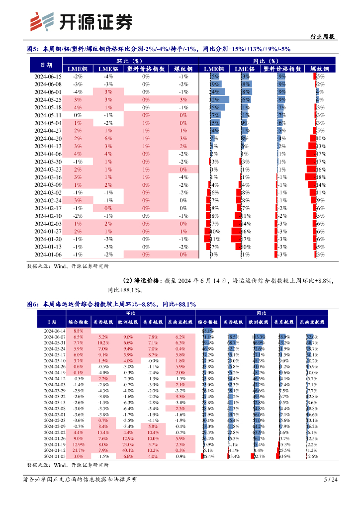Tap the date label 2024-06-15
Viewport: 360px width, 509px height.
(48, 77)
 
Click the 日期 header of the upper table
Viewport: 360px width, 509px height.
(46, 65)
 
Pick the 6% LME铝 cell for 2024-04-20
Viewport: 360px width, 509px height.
(108, 139)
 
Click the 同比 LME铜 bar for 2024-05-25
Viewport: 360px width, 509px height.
(218, 100)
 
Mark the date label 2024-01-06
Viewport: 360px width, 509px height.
(48, 254)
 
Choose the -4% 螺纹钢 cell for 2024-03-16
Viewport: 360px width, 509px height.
(183, 177)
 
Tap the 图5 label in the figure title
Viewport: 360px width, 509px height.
(33, 49)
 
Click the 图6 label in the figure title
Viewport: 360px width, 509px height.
(33, 304)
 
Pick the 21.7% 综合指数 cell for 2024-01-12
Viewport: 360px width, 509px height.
(78, 450)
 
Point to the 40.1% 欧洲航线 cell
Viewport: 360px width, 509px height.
(128, 450)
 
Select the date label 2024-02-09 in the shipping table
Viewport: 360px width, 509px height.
(55, 426)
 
